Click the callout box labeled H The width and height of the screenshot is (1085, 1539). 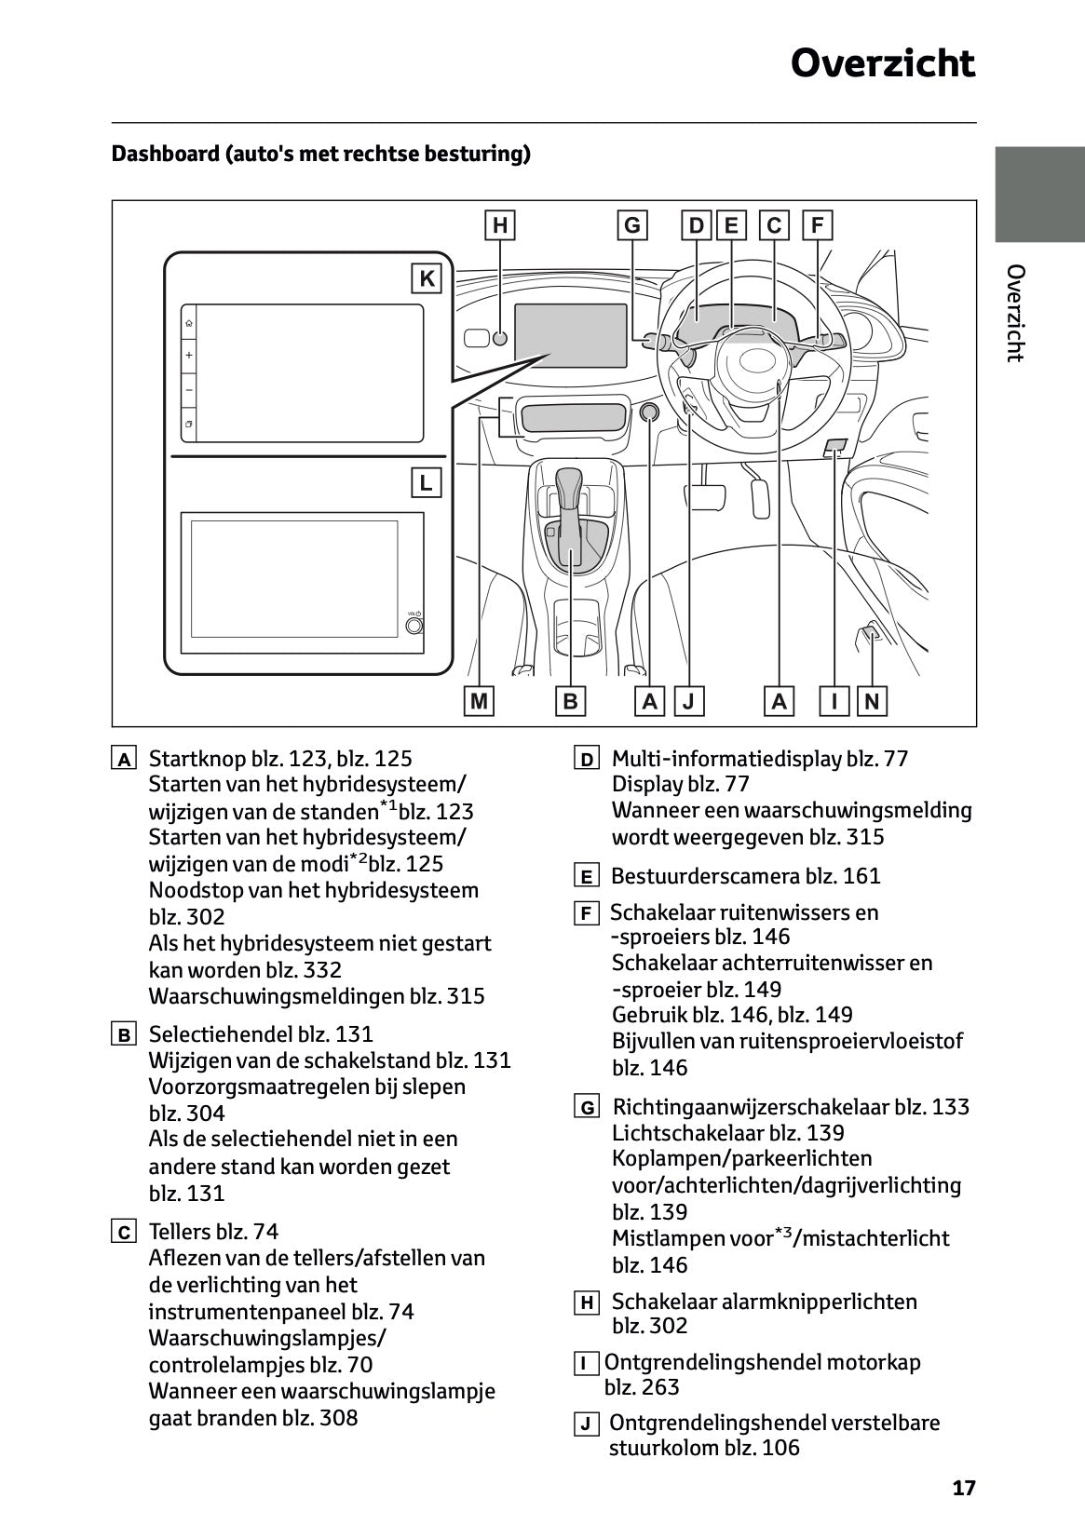500,225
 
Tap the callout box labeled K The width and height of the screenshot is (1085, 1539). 427,278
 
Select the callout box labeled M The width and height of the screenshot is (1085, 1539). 479,701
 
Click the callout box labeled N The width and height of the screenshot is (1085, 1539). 872,701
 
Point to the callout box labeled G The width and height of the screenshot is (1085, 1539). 632,225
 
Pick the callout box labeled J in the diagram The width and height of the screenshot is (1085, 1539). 689,701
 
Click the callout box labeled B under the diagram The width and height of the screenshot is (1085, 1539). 570,701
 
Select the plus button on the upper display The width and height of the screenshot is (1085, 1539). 189,356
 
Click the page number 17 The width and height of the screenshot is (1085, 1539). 964,1488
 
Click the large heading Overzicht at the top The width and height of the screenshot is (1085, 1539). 882,64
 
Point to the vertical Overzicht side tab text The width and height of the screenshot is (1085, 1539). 1015,313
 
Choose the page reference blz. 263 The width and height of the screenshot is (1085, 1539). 642,1387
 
